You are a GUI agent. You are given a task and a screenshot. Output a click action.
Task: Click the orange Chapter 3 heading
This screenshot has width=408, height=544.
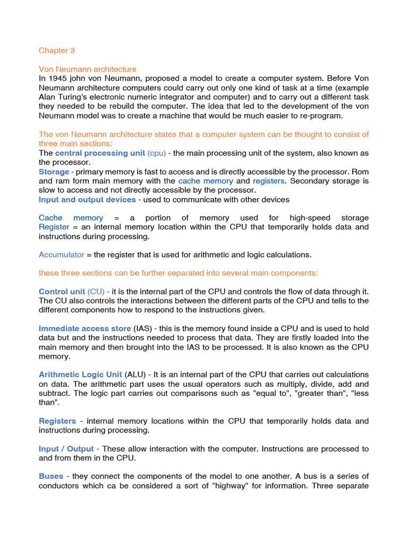57,50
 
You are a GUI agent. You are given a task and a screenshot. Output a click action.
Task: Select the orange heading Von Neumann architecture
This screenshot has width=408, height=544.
88,69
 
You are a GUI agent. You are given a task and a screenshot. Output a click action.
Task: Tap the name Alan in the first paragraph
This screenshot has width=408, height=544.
48,97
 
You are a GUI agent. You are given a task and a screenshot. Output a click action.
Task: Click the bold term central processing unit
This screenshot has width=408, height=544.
100,153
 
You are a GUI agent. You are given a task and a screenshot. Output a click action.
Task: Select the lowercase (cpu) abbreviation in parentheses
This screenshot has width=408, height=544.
157,153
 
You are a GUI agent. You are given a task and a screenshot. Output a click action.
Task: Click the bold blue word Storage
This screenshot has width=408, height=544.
54,172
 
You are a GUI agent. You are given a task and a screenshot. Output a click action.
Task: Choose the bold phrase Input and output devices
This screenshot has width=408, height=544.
87,199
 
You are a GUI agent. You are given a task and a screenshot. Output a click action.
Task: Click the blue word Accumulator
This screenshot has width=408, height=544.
62,254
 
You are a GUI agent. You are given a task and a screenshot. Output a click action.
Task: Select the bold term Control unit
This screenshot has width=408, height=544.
62,292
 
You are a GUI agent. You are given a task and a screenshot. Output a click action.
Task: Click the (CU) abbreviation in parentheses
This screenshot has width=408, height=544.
96,292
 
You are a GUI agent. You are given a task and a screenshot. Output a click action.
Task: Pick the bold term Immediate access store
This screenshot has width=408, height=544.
84,328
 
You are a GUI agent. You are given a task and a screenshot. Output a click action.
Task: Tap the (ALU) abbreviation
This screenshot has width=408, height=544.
137,375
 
